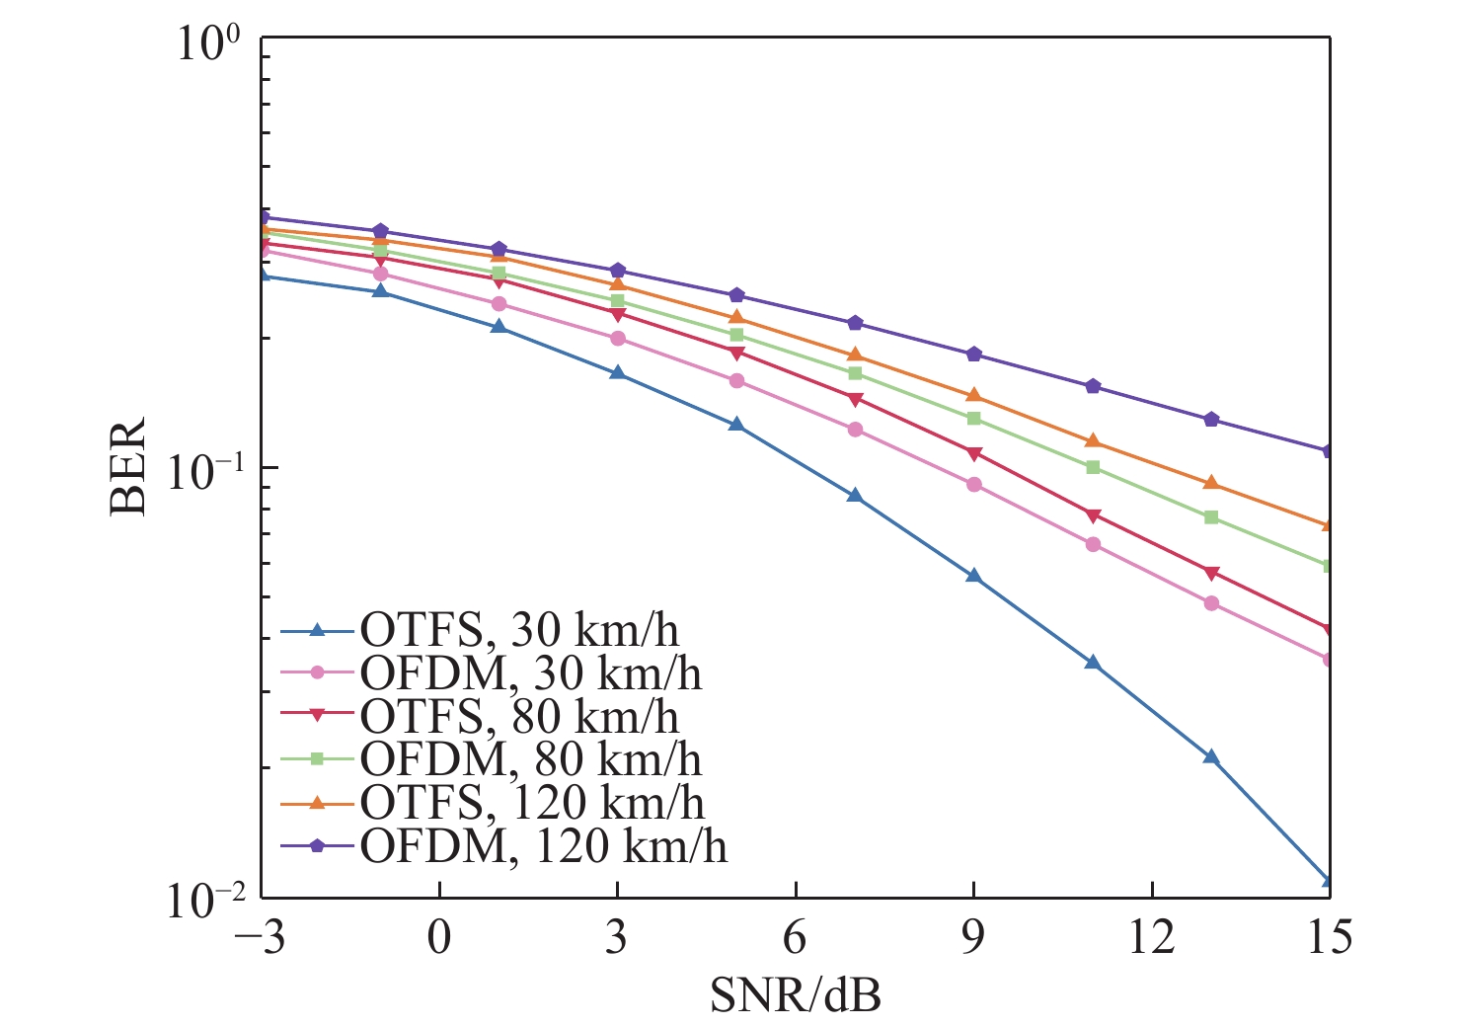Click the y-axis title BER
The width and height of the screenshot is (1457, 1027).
(128, 466)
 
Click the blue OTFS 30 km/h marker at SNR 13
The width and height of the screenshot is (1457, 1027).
(1211, 757)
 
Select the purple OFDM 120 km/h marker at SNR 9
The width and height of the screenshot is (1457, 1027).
(973, 355)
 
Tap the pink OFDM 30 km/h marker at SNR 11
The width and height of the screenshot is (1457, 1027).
(1093, 544)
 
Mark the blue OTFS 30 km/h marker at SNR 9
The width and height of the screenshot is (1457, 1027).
(973, 576)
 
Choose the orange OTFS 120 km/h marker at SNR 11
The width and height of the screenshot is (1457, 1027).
(1093, 440)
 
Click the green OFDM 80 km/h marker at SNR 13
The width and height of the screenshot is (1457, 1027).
(1211, 517)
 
